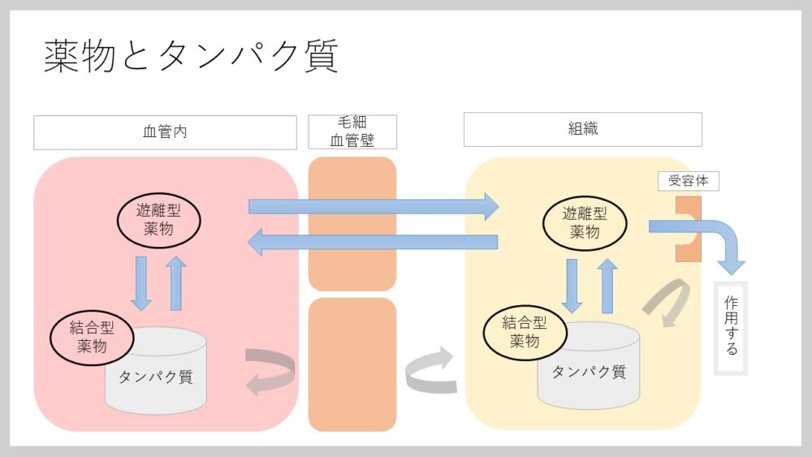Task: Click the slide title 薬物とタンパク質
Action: coord(191,57)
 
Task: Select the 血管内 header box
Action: coord(165,132)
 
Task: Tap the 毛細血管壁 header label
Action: coord(352,132)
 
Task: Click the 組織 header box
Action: coord(582,129)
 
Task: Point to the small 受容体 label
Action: coord(688,180)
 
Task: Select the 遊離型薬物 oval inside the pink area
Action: coord(158,218)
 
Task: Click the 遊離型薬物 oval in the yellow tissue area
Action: coord(585,222)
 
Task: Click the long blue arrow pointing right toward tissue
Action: coord(374,206)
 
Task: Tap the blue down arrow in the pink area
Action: coord(141,283)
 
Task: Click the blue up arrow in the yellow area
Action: coord(607,286)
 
